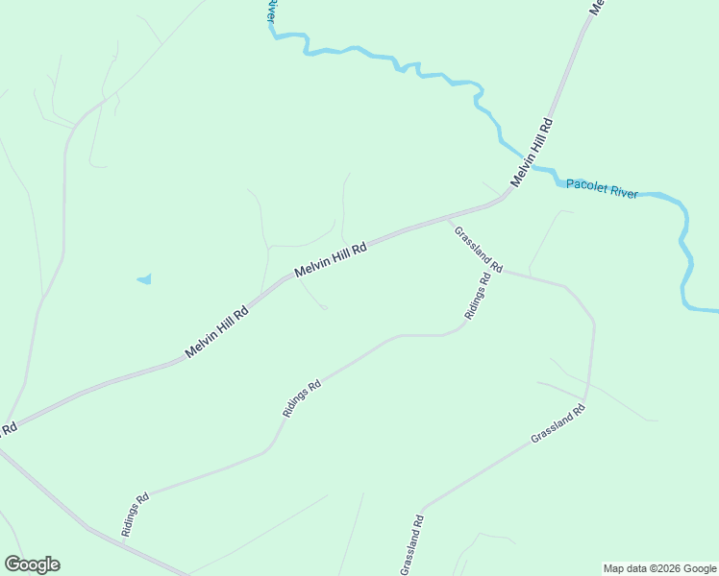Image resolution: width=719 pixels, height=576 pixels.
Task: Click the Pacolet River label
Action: point(602,188)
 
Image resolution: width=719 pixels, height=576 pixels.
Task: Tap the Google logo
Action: point(32,564)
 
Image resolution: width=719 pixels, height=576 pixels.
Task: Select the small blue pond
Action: point(144,279)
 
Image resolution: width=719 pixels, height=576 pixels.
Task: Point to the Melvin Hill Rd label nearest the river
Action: point(533,153)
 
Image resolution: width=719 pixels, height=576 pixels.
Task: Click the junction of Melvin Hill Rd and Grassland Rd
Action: point(445,220)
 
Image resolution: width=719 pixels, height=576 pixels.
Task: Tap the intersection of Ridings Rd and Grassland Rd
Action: point(501,270)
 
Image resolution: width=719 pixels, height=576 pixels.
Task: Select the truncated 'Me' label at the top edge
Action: point(597,6)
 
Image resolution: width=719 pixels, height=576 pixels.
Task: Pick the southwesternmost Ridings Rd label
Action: point(135,514)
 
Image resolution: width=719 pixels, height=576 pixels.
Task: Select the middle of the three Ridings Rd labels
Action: point(301,398)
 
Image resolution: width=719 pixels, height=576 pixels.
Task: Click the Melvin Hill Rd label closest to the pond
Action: point(216,332)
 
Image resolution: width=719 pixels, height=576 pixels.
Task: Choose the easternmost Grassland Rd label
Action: point(558,423)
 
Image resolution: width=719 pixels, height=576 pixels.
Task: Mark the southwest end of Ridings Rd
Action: point(123,542)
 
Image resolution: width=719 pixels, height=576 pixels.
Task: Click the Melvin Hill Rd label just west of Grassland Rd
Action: point(332,260)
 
